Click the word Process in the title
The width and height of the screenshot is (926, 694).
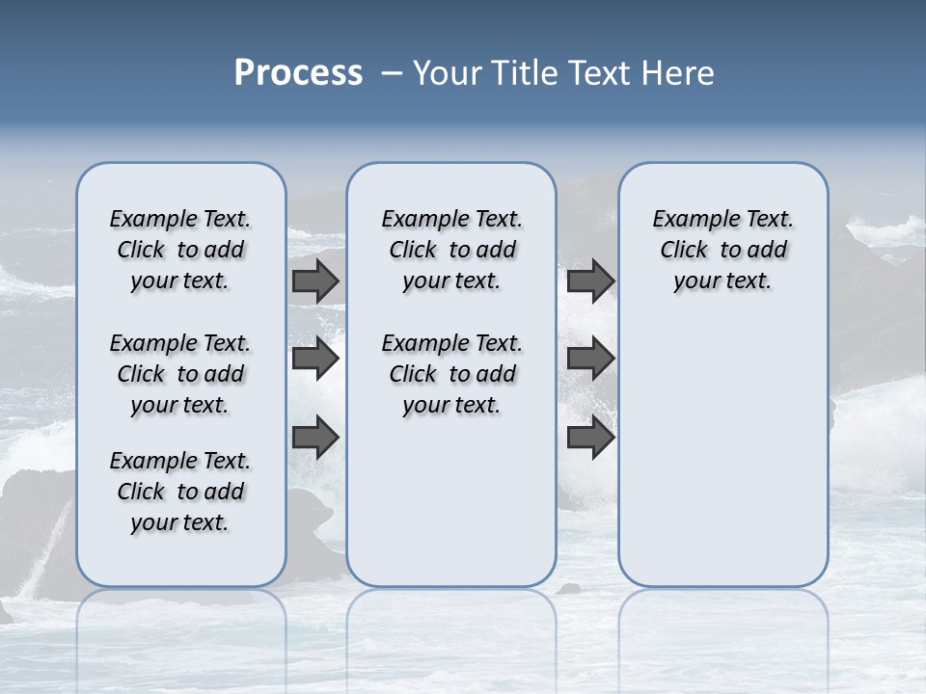point(298,73)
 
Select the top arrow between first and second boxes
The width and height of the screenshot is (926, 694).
point(315,280)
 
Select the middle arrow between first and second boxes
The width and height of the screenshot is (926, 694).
point(315,359)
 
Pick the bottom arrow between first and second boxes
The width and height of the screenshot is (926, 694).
point(315,437)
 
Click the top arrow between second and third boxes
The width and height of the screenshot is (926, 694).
point(591,280)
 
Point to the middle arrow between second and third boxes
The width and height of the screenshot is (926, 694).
point(591,359)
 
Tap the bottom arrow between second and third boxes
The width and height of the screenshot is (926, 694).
point(591,437)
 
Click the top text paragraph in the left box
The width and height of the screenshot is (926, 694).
point(180,250)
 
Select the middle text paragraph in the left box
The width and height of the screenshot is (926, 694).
point(180,374)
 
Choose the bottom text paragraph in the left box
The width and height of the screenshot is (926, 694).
point(180,492)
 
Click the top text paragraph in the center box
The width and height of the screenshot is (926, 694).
point(451,250)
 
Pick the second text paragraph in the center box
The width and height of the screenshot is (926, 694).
point(451,374)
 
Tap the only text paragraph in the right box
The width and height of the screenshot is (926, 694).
point(722,250)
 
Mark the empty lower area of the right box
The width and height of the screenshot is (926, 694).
point(722,453)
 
